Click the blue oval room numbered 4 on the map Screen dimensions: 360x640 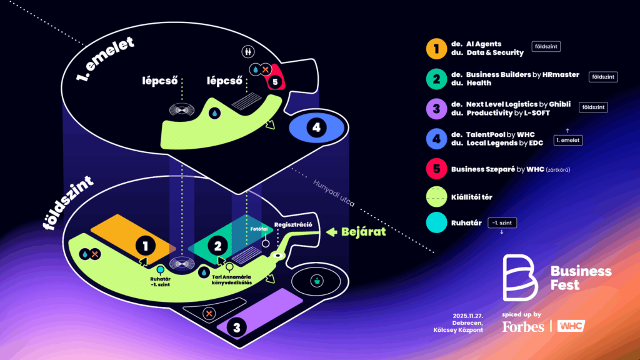[x=317, y=128]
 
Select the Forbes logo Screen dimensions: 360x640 [x=522, y=326]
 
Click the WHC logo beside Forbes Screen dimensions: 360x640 [x=571, y=326]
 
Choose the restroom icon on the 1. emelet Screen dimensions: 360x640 [x=247, y=52]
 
